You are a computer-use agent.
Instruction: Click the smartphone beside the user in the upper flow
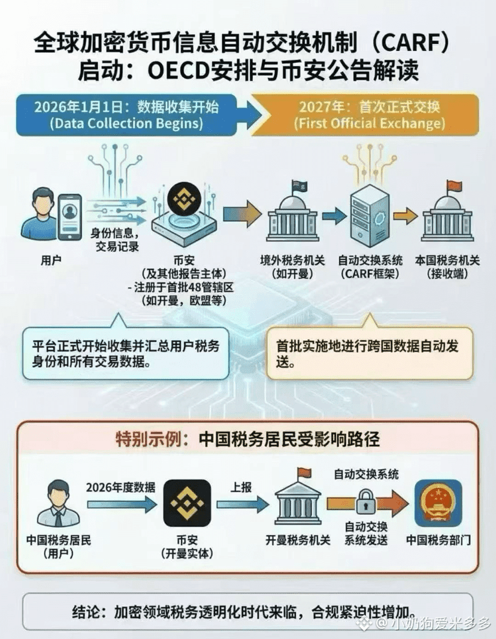click(69, 217)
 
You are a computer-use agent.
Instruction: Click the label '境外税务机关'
click(292, 260)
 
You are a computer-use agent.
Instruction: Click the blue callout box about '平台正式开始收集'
click(125, 353)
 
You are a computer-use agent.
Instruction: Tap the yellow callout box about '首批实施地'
click(370, 353)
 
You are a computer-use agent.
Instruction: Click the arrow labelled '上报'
click(243, 505)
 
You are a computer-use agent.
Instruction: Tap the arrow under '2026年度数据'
click(122, 505)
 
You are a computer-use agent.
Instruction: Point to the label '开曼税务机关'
click(298, 541)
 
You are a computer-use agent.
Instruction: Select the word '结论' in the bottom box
click(84, 612)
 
